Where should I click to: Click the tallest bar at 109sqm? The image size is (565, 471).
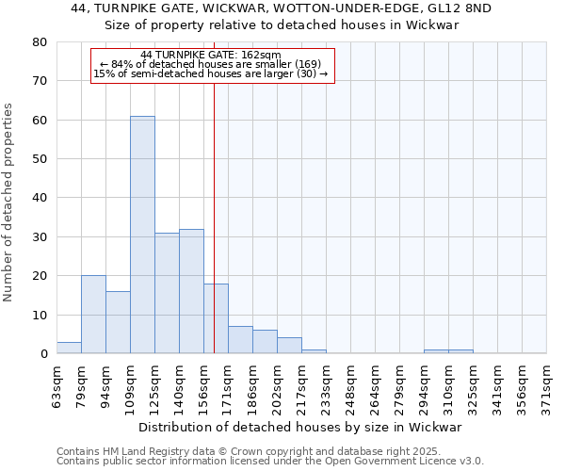[142, 235]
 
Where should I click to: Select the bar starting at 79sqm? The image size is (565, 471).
[93, 315]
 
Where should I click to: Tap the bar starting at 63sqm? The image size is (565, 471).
[69, 348]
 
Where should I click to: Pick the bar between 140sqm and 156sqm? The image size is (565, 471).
[191, 291]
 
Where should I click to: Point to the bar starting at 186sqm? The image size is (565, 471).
[265, 342]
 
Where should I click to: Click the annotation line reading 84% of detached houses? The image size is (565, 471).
[213, 64]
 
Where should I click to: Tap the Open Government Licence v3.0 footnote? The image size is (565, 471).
[270, 461]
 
